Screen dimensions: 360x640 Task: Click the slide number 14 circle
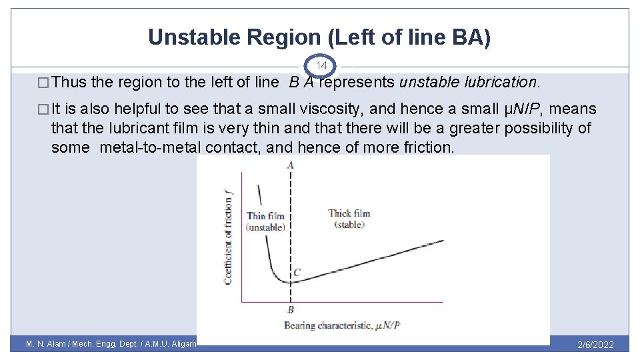pyautogui.click(x=321, y=66)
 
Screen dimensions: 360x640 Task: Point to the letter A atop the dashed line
pyautogui.click(x=291, y=165)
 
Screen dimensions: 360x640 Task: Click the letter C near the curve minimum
pyautogui.click(x=297, y=272)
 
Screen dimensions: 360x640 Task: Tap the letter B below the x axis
pyautogui.click(x=291, y=309)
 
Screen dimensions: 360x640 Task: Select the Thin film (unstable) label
pyautogui.click(x=265, y=221)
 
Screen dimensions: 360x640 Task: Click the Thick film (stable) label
pyautogui.click(x=349, y=219)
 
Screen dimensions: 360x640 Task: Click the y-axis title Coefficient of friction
pyautogui.click(x=228, y=237)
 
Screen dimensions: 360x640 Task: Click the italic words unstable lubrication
pyautogui.click(x=467, y=83)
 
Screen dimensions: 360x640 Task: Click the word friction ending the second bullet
pyautogui.click(x=427, y=147)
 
